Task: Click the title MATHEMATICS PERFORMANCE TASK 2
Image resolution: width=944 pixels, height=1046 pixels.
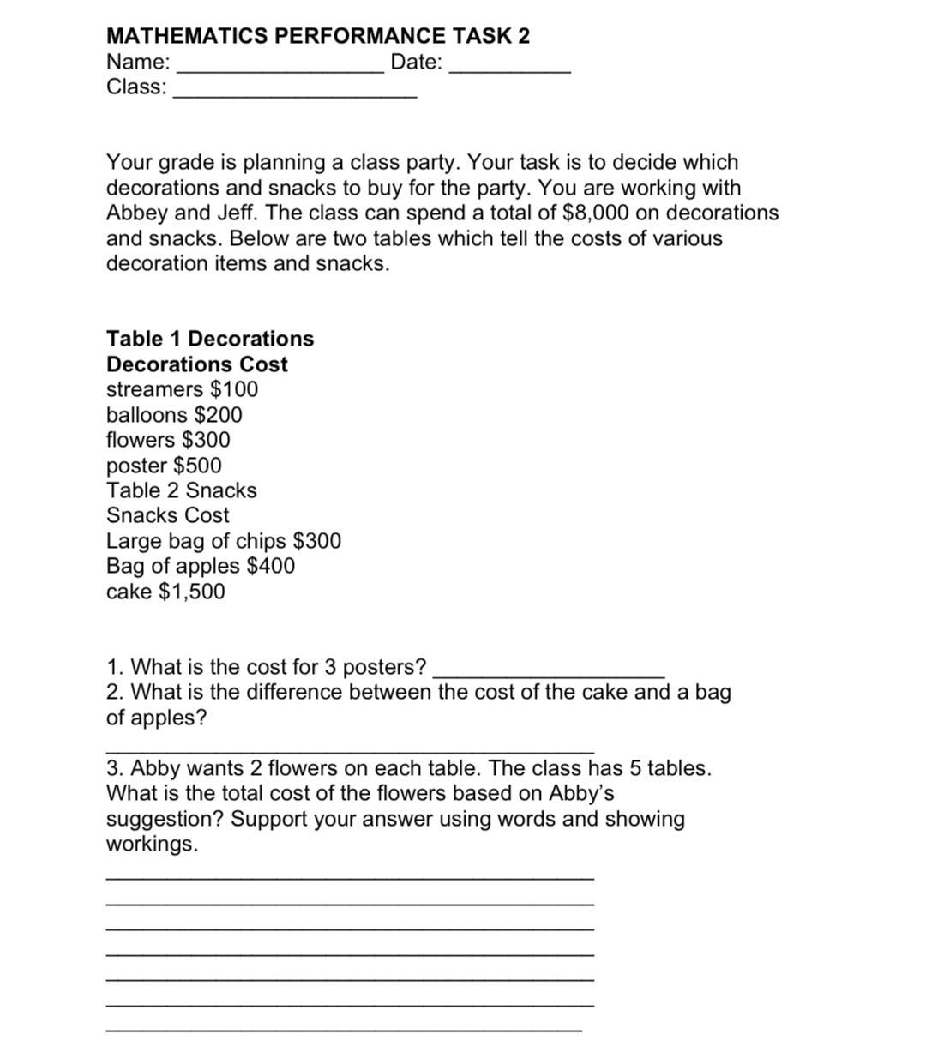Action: pos(318,36)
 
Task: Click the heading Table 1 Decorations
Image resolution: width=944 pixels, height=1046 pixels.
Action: pos(210,339)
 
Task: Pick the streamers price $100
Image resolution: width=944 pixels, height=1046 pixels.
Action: pos(234,389)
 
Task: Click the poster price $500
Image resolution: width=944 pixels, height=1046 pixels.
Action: pos(197,466)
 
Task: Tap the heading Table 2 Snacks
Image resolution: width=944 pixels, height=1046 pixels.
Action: pos(182,490)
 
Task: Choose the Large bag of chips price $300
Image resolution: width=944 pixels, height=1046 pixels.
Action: pos(317,541)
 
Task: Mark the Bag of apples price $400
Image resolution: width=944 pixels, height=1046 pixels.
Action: pos(270,566)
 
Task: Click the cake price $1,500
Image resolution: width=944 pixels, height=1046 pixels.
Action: pos(193,592)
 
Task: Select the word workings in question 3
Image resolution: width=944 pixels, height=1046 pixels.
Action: pos(151,844)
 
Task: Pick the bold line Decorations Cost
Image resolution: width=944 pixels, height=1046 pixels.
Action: pos(197,364)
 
